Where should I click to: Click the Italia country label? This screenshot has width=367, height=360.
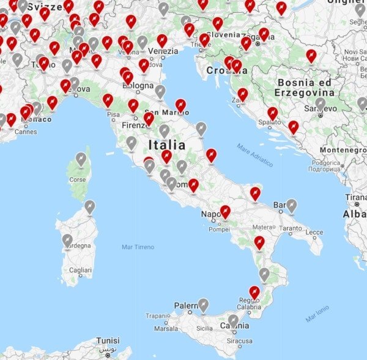[x=166, y=145]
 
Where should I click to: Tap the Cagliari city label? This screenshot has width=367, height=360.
[x=81, y=270]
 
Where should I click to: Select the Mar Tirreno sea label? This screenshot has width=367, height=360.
[x=138, y=247]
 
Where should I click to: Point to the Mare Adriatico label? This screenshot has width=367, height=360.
[x=254, y=156]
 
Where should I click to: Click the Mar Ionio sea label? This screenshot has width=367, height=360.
[x=317, y=313]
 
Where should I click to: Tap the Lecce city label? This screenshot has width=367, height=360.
[x=314, y=233]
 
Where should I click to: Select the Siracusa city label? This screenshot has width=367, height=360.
[x=239, y=341]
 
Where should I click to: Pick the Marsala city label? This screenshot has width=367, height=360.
[x=166, y=328]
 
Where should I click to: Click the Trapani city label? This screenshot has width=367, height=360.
[x=157, y=316]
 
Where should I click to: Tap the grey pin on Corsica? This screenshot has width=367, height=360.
[x=81, y=160]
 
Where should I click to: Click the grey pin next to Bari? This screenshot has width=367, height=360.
[x=292, y=205]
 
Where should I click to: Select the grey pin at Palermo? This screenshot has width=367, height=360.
[x=202, y=304]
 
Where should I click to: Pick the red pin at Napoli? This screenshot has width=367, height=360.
[x=225, y=211]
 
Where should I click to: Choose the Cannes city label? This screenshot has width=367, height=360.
[x=26, y=131]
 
